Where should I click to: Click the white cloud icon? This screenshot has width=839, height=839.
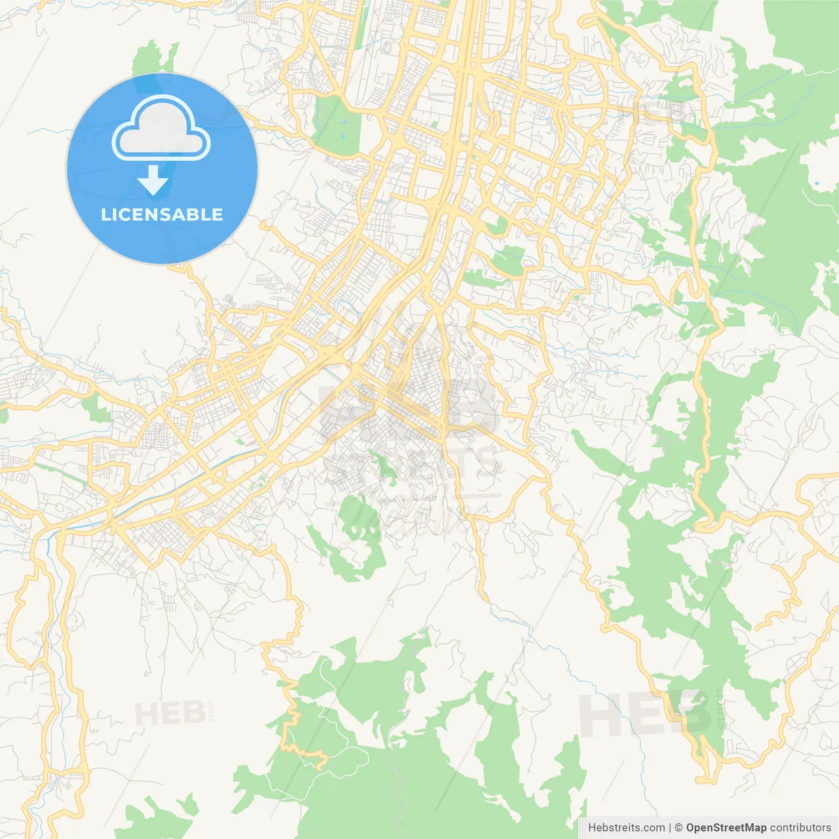point(161,128)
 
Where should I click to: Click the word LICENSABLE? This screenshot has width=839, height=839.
point(162,214)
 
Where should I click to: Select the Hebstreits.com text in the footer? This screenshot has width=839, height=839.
point(626,828)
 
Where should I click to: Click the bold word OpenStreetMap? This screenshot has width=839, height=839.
point(726,828)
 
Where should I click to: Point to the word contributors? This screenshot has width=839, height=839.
point(800,828)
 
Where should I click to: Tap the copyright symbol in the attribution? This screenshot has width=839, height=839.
point(678,828)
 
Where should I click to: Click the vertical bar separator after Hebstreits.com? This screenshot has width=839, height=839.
point(670,828)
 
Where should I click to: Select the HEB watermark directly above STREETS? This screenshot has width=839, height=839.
point(406,406)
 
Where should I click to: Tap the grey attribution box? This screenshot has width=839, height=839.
point(708,828)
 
